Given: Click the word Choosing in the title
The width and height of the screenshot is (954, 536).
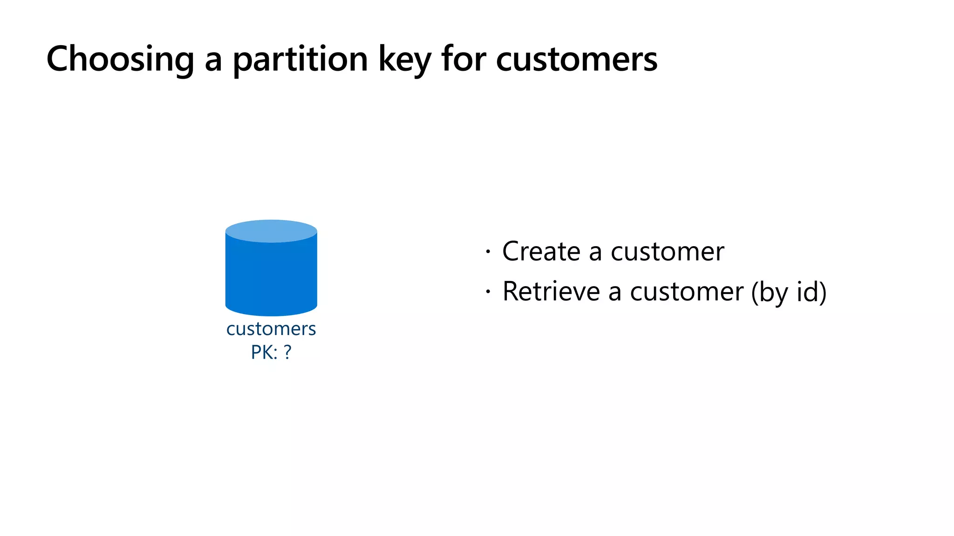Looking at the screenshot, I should pyautogui.click(x=120, y=60).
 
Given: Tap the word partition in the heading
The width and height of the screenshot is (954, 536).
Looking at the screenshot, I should pyautogui.click(x=300, y=60).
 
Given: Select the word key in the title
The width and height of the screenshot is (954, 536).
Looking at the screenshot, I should pyautogui.click(x=404, y=60).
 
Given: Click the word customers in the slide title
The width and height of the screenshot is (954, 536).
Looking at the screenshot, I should pyautogui.click(x=577, y=60).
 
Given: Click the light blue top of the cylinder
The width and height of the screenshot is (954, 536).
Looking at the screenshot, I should pyautogui.click(x=271, y=231).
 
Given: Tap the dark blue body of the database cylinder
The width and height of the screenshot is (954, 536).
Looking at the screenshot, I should pyautogui.click(x=271, y=277).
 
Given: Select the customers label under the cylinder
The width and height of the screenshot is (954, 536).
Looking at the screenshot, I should pyautogui.click(x=271, y=329).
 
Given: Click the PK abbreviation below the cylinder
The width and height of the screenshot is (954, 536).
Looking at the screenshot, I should pyautogui.click(x=261, y=352).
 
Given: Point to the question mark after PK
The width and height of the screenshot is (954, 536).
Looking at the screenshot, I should pyautogui.click(x=287, y=352).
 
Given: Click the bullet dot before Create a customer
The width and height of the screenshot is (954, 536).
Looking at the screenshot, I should pyautogui.click(x=488, y=252).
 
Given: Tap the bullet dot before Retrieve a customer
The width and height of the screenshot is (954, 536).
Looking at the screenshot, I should pyautogui.click(x=488, y=292).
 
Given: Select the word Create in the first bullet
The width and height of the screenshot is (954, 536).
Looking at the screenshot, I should pyautogui.click(x=541, y=252).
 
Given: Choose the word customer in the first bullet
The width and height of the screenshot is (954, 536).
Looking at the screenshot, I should pyautogui.click(x=667, y=252).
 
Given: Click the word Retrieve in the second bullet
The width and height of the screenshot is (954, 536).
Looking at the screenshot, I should pyautogui.click(x=552, y=292).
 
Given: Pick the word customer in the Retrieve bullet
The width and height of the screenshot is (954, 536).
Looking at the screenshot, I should pyautogui.click(x=687, y=292).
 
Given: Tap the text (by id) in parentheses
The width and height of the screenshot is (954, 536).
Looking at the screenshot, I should pyautogui.click(x=789, y=292).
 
